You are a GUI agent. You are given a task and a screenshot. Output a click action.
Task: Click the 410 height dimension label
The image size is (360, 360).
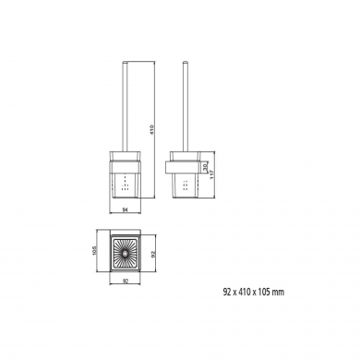151,130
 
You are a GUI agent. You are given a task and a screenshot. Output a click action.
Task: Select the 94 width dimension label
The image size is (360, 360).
126,210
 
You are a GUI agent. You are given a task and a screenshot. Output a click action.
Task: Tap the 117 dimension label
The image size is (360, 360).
211,175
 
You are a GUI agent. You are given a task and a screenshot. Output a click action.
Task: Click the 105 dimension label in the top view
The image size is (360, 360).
95,250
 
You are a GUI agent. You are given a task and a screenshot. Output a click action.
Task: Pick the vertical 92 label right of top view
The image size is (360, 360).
154,254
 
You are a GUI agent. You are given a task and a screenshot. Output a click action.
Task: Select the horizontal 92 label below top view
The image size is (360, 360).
126,281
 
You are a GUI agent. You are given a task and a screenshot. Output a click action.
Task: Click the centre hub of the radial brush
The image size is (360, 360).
125,254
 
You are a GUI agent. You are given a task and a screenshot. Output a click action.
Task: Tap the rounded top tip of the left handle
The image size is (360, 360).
126,63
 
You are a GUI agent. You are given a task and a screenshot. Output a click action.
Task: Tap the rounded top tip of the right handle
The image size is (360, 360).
185,63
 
